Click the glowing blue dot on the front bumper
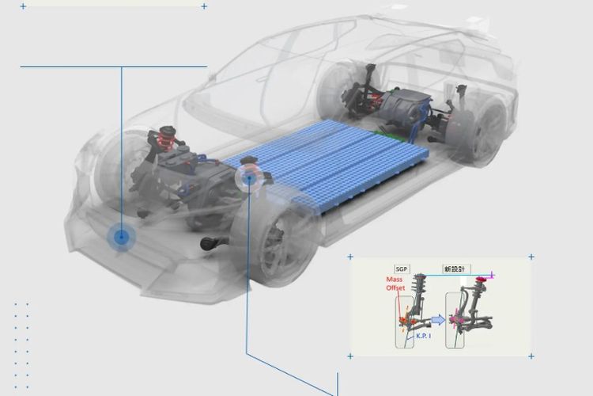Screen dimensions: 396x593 click(121, 236)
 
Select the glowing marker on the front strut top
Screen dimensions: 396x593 click(249, 178)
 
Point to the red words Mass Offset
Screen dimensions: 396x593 click(395, 284)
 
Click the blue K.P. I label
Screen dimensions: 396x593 click(426, 337)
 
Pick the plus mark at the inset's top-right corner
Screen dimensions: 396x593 click(531, 257)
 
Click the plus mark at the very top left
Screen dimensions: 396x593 click(23, 6)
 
